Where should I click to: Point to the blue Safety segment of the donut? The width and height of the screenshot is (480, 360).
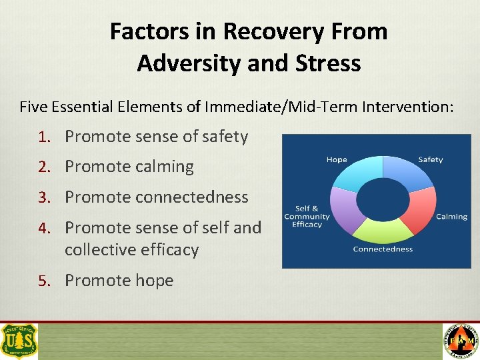coord(403,172)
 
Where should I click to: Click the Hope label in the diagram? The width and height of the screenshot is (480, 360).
coord(337,160)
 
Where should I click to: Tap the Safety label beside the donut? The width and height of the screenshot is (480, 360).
coord(430,160)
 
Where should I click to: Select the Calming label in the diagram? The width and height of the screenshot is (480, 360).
coord(451,217)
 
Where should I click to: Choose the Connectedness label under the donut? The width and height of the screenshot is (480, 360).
coord(383,249)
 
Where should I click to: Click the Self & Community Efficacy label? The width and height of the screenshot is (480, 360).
coord(307,217)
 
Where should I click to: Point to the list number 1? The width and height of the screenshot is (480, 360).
coord(43,137)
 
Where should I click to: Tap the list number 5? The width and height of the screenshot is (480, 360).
coord(43,281)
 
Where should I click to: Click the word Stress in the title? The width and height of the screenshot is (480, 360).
coord(327,63)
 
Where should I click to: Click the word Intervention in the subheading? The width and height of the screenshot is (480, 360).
coord(409,106)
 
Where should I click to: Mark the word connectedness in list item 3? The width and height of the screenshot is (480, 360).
coord(191,197)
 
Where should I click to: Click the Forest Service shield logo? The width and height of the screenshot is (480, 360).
coord(19,341)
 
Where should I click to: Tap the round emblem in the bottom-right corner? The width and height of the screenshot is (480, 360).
coord(461,341)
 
